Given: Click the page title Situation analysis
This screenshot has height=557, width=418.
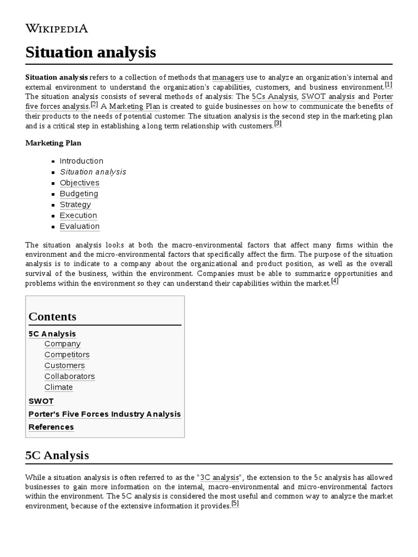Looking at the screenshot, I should (91, 53).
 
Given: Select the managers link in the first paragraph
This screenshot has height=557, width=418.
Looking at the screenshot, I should (228, 78).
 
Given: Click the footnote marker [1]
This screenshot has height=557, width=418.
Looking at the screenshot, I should (388, 85).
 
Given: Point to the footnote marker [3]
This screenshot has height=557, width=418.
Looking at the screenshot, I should (278, 123).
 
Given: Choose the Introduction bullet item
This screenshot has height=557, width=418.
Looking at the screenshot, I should (81, 161).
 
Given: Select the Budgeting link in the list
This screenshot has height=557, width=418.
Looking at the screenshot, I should (79, 194).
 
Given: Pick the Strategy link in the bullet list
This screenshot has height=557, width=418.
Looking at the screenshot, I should (75, 205).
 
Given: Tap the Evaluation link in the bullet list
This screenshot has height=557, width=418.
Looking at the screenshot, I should (79, 226).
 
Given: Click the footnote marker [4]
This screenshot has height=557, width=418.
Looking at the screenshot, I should (335, 281).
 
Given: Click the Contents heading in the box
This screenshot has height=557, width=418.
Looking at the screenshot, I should (52, 317).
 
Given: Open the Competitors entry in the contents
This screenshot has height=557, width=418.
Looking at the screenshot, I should (67, 355).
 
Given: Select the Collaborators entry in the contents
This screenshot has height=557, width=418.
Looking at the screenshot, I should (70, 376).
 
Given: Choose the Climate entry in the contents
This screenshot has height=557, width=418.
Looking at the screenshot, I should (59, 387).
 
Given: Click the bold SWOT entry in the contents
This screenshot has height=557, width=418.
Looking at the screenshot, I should (41, 401).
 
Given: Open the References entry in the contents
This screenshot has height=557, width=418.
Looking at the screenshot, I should (51, 427).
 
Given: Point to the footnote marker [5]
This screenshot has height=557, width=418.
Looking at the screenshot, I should (235, 503).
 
